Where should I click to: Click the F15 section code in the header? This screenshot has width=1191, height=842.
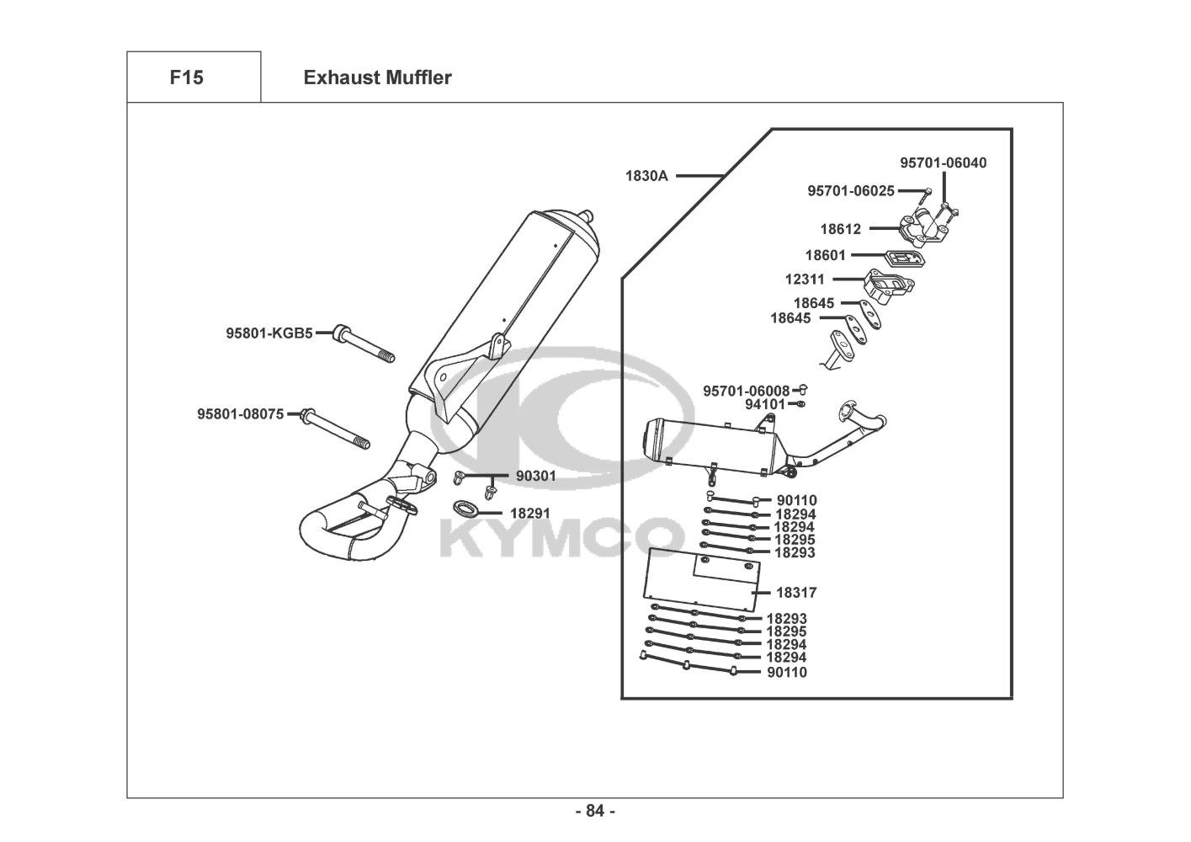(186, 78)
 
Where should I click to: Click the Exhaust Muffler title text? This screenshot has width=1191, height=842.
(377, 78)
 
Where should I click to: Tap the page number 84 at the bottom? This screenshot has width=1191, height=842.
(595, 811)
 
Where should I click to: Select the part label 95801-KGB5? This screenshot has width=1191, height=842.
(269, 333)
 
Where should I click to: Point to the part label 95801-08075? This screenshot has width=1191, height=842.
(241, 414)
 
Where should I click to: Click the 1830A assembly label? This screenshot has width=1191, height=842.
(646, 176)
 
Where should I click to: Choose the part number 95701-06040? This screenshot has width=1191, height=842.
(943, 163)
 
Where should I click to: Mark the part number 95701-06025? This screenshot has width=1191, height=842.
(850, 191)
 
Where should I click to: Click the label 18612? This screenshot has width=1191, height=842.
(841, 229)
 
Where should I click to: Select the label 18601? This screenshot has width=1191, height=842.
(825, 255)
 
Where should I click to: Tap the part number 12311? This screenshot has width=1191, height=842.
(805, 280)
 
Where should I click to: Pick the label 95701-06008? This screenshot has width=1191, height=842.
(746, 391)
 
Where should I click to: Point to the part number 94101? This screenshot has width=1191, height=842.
(764, 404)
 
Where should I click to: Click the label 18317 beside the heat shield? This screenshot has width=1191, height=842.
(795, 593)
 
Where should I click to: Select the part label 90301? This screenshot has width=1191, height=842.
(535, 476)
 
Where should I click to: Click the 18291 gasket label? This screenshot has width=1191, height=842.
(529, 512)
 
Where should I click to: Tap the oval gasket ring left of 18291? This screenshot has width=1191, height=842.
(465, 509)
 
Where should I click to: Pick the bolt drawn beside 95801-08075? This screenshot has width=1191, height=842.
(335, 428)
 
